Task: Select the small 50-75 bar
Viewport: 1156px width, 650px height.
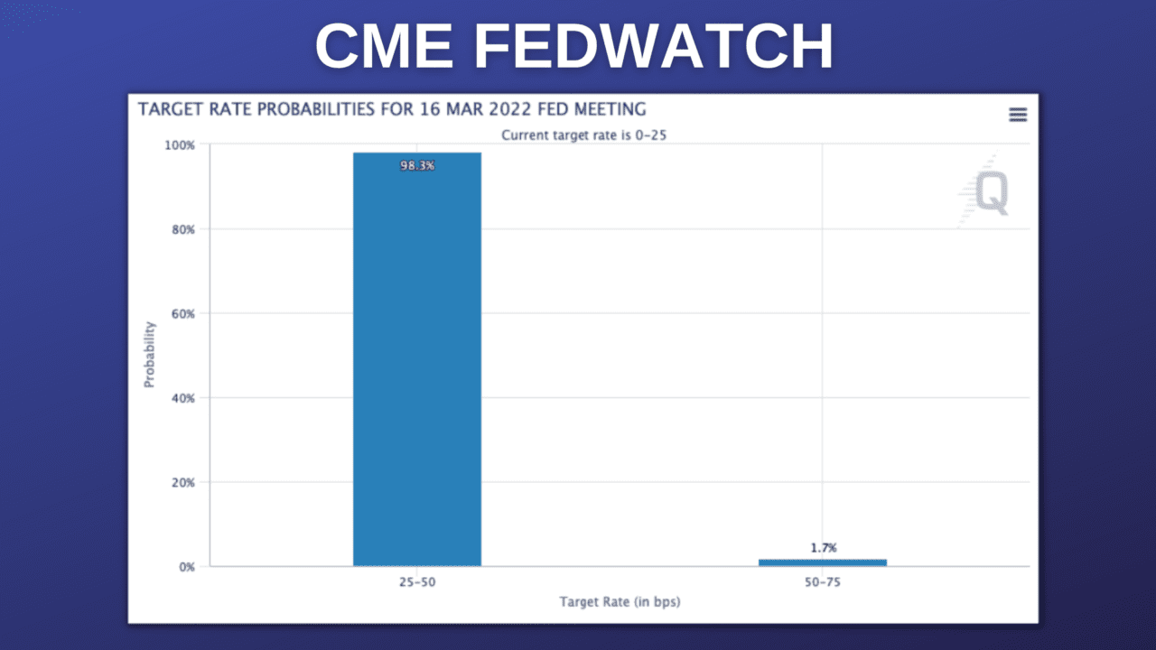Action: pos(822,562)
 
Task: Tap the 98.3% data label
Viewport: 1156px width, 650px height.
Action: pos(416,165)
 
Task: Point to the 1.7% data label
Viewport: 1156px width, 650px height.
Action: pos(822,548)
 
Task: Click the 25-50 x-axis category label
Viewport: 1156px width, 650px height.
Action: pos(416,583)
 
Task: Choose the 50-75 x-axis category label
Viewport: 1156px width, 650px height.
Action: pos(822,583)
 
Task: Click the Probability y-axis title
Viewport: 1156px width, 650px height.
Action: pos(150,356)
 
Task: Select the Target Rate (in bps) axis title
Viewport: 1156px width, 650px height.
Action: pos(620,602)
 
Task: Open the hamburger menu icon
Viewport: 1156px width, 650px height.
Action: pos(1018,114)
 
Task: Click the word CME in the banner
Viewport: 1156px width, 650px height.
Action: pos(384,47)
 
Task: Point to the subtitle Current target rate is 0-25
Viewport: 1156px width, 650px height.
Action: pos(590,135)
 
